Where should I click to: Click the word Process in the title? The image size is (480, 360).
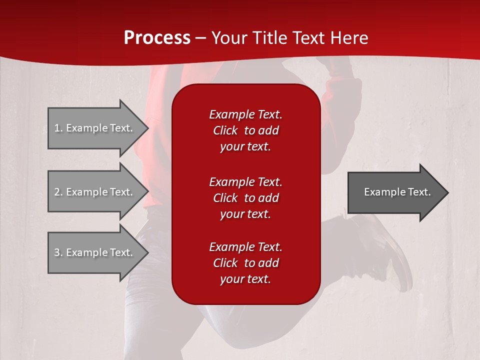(x=157, y=38)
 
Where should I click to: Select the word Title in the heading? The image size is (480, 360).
(x=270, y=38)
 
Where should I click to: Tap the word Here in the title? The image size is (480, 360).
(x=349, y=38)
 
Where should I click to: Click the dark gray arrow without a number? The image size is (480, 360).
(x=398, y=192)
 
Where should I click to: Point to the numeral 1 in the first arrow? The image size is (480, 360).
(x=57, y=128)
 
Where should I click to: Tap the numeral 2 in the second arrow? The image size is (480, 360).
(x=57, y=192)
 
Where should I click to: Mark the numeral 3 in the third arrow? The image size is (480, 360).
(x=57, y=252)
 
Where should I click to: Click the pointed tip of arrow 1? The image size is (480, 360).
(x=148, y=128)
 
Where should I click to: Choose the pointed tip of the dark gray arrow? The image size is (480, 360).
(x=448, y=192)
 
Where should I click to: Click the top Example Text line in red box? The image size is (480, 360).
(x=246, y=114)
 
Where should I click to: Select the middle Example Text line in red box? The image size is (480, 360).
(x=246, y=182)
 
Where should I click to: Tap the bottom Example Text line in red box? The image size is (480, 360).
(x=246, y=247)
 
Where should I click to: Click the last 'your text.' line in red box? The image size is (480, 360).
(x=245, y=279)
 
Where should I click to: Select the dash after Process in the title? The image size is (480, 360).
(x=200, y=39)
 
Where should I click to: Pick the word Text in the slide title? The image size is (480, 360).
(x=309, y=38)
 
